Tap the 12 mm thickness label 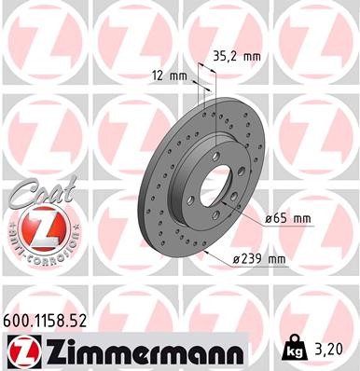tap(166, 75)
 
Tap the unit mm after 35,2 tap(250, 56)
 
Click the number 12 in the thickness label tap(156, 75)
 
